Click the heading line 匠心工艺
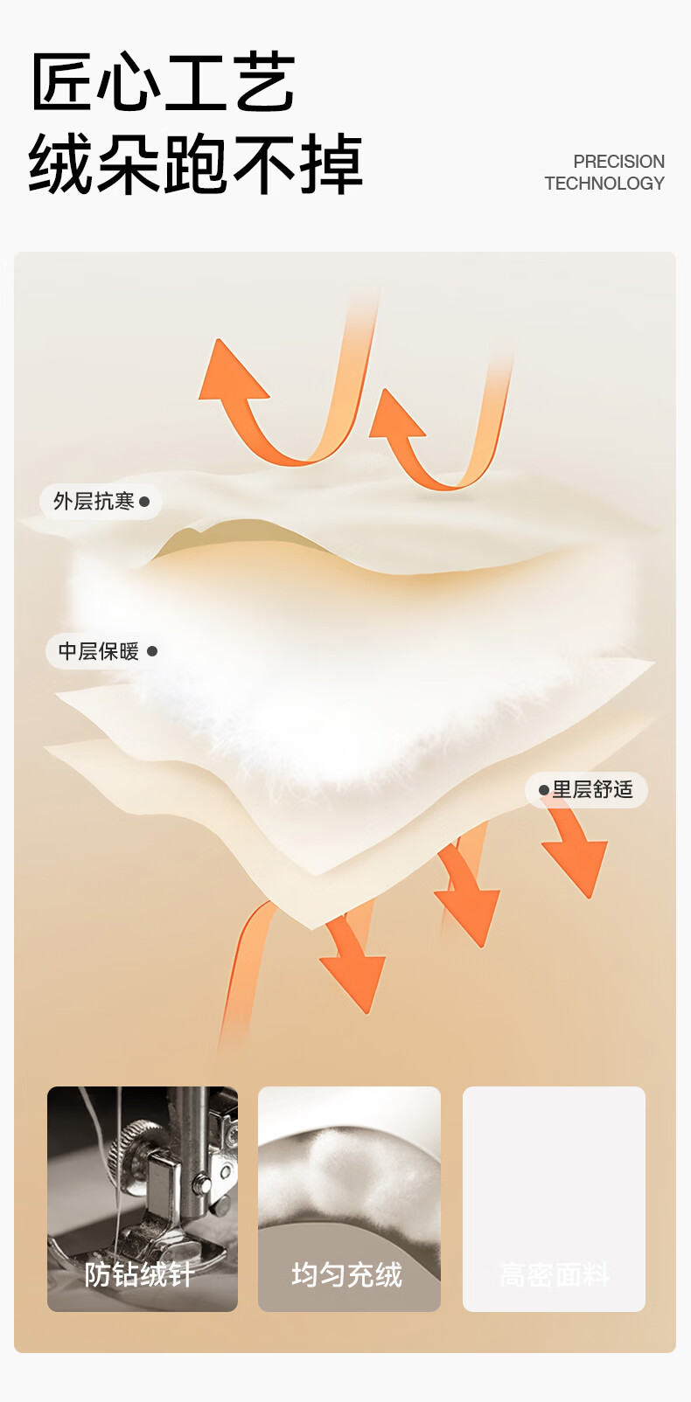(x=163, y=82)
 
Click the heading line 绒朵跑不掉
(x=195, y=164)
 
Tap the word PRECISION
(x=618, y=162)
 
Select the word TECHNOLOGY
(x=604, y=184)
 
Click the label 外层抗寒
(x=94, y=502)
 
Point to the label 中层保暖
(x=98, y=651)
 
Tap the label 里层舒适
(x=592, y=789)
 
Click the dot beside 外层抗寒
(x=144, y=502)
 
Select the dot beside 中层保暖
(x=152, y=651)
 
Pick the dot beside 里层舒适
(x=544, y=790)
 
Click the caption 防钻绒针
(x=139, y=1274)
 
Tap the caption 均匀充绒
(x=347, y=1274)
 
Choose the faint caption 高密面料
(x=554, y=1275)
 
